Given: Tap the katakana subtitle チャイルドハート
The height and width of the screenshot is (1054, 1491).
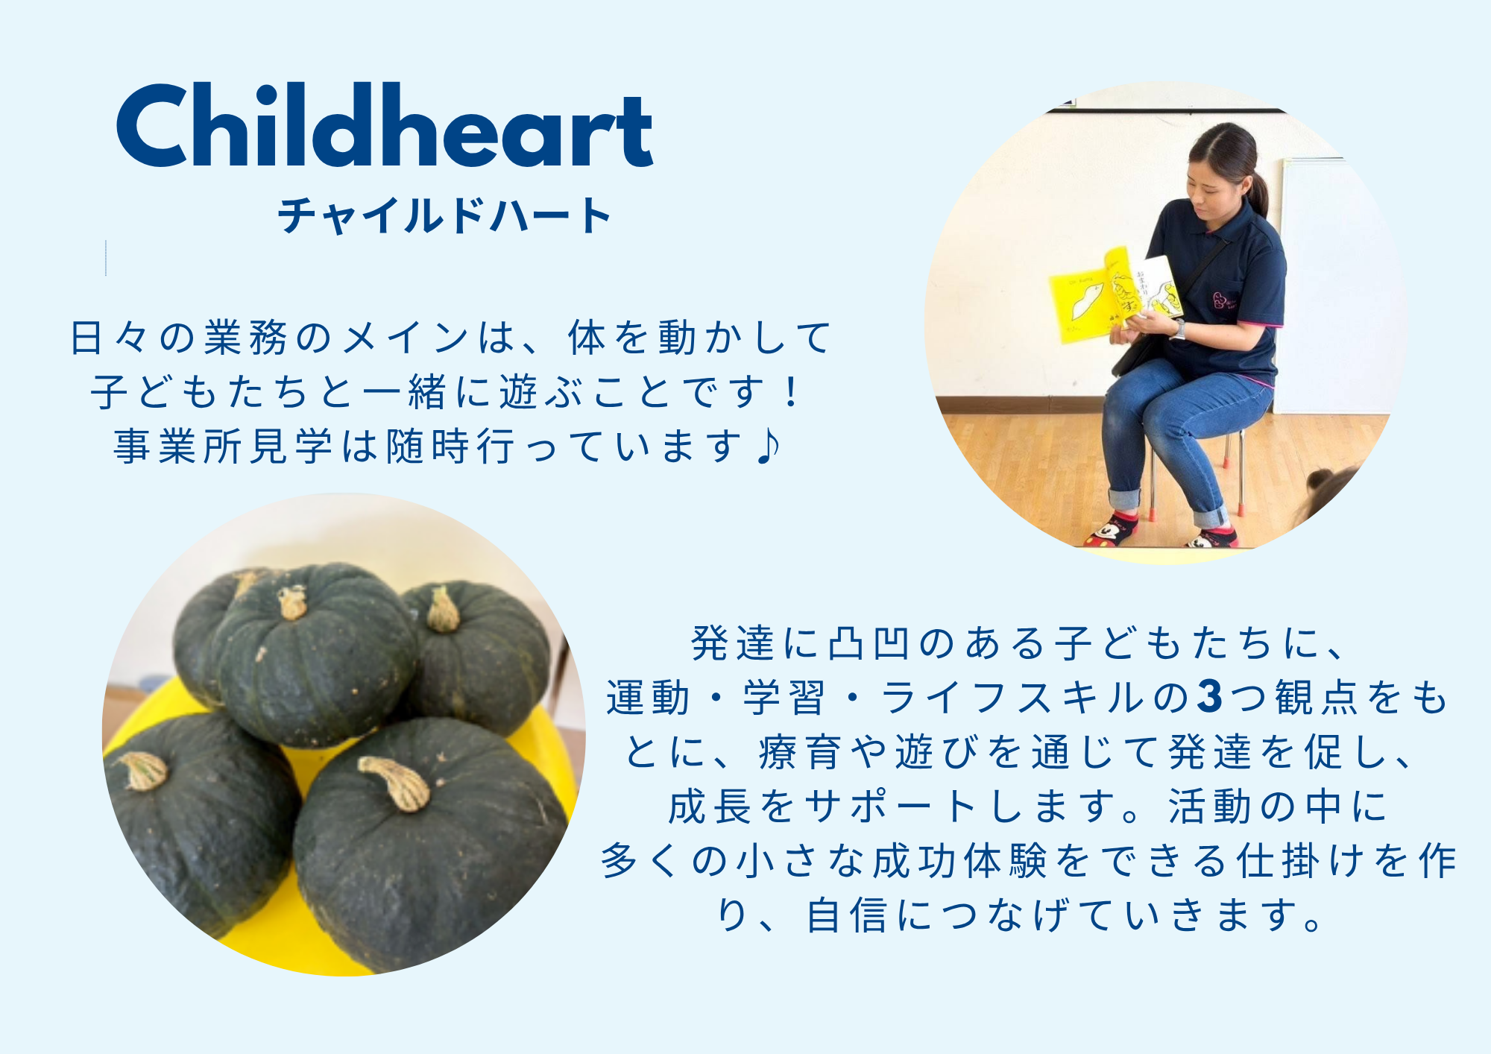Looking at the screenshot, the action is (x=444, y=215).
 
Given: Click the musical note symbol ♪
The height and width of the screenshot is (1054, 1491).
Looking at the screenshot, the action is (x=768, y=446).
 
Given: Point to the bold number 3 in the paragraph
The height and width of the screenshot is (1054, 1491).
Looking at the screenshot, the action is (x=1209, y=697).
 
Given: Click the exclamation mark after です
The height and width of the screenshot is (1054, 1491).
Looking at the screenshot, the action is (x=791, y=392).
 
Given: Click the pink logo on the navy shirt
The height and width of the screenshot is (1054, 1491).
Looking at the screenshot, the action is (x=1220, y=300).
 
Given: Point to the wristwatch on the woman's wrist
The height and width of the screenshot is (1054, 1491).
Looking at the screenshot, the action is (x=1178, y=329).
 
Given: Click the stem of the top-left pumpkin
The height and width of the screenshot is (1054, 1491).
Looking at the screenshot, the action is (x=292, y=602).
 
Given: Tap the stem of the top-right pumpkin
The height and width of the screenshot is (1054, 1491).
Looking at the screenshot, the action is (x=443, y=610).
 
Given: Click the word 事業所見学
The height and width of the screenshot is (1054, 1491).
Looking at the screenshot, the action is (x=223, y=446).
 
